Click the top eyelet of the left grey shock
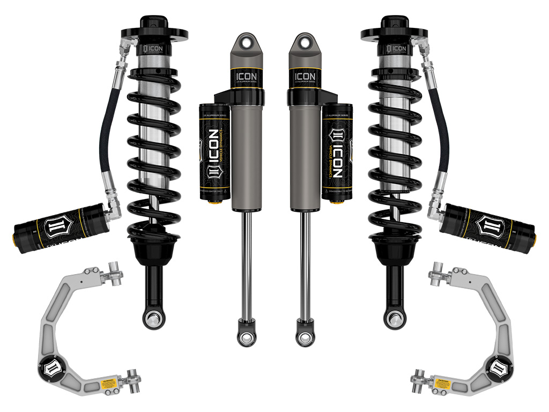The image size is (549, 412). coord(247,41)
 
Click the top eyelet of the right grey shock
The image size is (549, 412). coord(302,41)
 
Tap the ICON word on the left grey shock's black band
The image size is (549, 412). coord(247,77)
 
